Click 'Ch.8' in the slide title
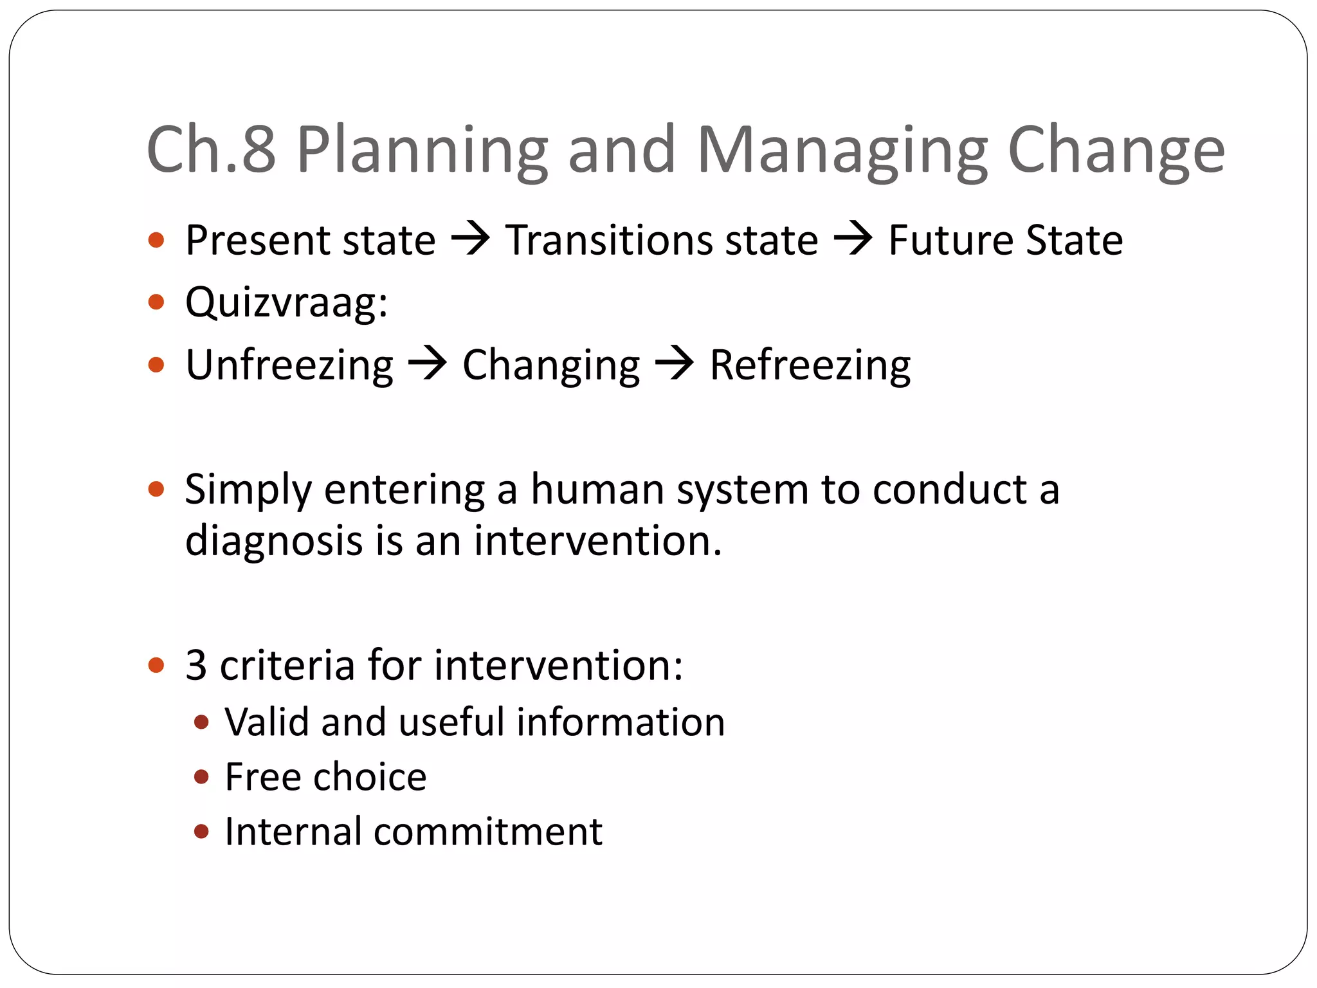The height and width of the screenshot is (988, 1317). [211, 149]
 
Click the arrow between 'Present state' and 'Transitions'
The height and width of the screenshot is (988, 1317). [470, 239]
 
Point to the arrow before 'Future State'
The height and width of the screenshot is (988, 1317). [853, 239]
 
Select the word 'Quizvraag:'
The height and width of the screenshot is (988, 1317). [287, 302]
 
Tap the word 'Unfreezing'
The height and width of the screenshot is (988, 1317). [289, 365]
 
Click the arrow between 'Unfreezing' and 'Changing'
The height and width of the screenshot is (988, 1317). [428, 364]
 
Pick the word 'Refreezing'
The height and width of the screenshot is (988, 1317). [810, 365]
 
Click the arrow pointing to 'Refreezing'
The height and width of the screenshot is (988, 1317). [674, 364]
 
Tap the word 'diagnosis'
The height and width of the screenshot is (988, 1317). [274, 540]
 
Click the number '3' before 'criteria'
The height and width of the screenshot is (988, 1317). [196, 665]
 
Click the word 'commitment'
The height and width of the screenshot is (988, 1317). [488, 832]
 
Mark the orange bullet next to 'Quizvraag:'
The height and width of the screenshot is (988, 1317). [156, 302]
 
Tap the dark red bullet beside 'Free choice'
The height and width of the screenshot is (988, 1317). [201, 777]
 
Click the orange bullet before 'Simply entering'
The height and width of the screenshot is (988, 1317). [156, 490]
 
